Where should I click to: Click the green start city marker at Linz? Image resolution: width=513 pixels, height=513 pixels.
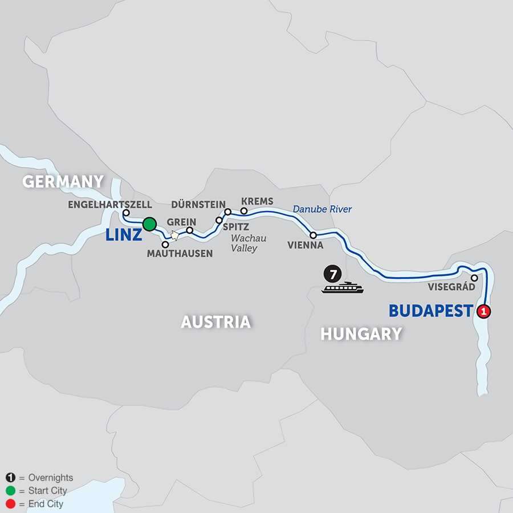pos(149,224)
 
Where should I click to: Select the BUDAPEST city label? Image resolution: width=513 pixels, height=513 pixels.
pos(431,311)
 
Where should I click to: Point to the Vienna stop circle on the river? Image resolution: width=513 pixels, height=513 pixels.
pos(313,235)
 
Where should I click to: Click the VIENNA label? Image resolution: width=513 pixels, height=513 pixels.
pos(306,246)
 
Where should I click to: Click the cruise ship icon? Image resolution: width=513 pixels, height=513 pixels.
pos(342,288)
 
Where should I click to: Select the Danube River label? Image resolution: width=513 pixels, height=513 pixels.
pos(322,210)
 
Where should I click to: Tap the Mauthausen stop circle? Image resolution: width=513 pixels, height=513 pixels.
pos(165,244)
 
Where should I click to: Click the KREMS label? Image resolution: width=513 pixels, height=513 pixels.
pos(257,202)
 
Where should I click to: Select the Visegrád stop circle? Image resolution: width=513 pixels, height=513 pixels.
pos(474,278)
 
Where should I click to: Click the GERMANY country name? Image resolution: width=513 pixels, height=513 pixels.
pos(63,182)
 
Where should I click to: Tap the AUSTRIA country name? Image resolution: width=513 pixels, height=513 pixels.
pos(215,322)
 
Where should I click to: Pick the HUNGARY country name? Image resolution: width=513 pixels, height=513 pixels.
pos(361,333)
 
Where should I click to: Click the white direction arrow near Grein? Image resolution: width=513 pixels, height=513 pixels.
pos(174,235)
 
